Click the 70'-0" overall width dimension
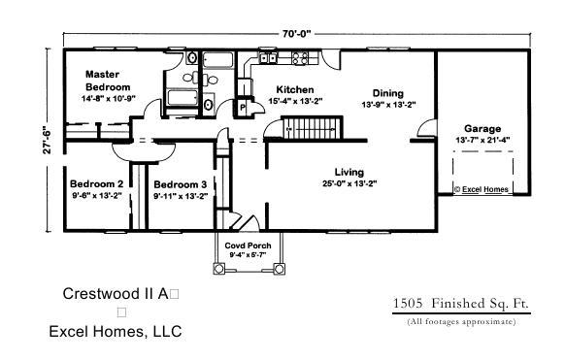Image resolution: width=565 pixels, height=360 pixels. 296,34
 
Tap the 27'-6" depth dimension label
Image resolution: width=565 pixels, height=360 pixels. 48,140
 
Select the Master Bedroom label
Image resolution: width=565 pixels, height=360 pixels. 108,81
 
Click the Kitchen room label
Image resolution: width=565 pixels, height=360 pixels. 295,89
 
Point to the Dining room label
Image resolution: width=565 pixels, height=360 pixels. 387,93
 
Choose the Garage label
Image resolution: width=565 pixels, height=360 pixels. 482,128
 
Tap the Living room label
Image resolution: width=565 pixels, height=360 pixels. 349,172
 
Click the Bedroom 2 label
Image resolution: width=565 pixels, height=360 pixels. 96,184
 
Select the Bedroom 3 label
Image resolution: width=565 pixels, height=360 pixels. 181,184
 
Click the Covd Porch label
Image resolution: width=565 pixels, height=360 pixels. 248,245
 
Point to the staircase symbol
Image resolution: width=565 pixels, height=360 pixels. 312,127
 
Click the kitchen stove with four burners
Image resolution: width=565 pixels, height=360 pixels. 299,58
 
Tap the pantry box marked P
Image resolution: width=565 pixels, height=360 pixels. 243,108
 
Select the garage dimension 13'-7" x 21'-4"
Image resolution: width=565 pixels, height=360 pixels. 482,140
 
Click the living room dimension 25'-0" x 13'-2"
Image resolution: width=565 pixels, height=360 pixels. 349,183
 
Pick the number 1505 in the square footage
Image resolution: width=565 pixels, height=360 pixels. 408,303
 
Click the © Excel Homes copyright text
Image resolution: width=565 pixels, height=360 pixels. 482,189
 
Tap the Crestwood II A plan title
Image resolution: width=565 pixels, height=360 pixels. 116,294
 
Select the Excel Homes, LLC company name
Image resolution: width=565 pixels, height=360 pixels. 116,332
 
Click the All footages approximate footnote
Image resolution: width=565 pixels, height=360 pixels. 461,321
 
